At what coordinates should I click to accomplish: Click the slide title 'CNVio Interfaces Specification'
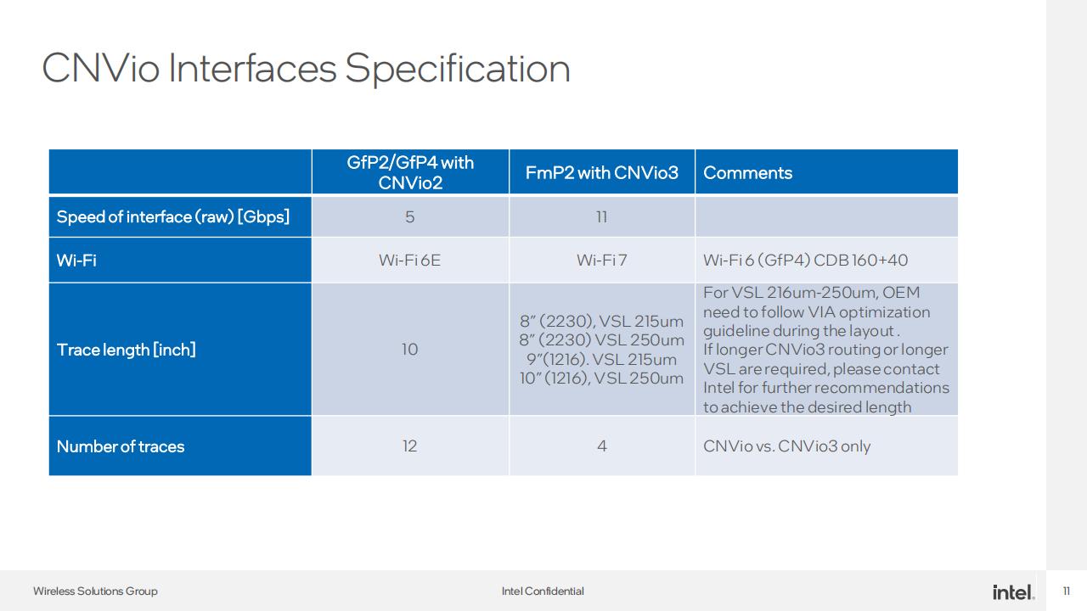point(306,69)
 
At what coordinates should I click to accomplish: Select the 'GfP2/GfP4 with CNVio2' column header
point(410,172)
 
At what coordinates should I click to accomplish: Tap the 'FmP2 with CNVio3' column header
point(602,172)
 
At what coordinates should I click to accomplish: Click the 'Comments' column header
point(748,172)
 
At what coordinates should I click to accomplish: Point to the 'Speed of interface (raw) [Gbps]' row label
point(173,216)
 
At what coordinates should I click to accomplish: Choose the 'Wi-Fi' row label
point(76,261)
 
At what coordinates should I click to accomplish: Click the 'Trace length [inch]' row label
point(127,350)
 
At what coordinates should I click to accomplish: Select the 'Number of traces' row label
point(121,446)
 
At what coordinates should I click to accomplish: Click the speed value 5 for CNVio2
point(410,216)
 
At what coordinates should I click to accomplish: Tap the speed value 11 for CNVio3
point(602,216)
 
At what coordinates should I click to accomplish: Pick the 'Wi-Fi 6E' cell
point(410,261)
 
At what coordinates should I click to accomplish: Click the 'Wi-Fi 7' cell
point(602,261)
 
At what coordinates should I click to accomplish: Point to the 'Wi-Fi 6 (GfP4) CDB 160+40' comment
point(806,261)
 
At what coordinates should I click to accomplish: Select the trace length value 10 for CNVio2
point(410,349)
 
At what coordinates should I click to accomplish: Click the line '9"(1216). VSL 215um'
point(602,359)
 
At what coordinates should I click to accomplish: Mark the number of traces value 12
point(410,446)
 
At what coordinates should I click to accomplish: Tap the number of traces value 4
point(602,446)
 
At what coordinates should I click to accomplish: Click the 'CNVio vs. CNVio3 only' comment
point(786,446)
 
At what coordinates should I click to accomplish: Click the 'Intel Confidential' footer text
point(543,591)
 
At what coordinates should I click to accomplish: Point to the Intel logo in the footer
point(1013,592)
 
